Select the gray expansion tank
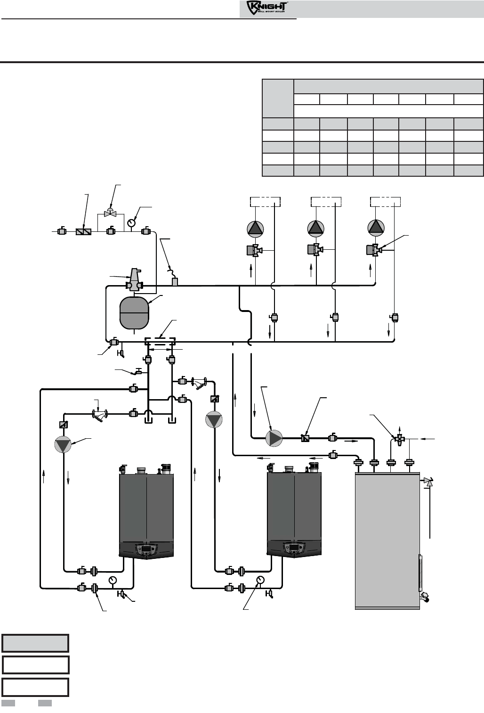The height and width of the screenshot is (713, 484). click(x=135, y=312)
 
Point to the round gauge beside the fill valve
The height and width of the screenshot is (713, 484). click(x=132, y=221)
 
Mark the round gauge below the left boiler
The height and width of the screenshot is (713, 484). click(x=112, y=580)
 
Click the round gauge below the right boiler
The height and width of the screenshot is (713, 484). click(x=260, y=580)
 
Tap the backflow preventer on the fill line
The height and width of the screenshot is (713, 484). click(x=83, y=232)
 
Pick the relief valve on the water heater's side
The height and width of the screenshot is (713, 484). click(x=428, y=482)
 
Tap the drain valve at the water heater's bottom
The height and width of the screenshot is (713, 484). click(x=426, y=596)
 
